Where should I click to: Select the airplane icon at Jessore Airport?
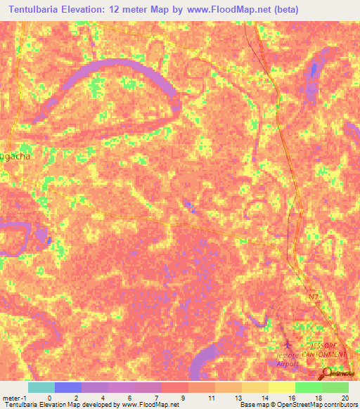(x=287, y=345)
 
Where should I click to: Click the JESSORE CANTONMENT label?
(x=324, y=351)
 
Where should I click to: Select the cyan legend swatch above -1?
(x=41, y=387)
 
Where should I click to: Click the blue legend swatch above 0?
(x=67, y=387)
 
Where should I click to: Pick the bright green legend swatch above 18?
(x=308, y=387)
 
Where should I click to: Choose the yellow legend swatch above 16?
(x=281, y=387)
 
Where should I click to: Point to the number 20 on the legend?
(x=344, y=397)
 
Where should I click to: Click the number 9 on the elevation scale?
(x=182, y=397)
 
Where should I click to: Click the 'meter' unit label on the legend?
(x=12, y=397)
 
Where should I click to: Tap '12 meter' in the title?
(x=141, y=10)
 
